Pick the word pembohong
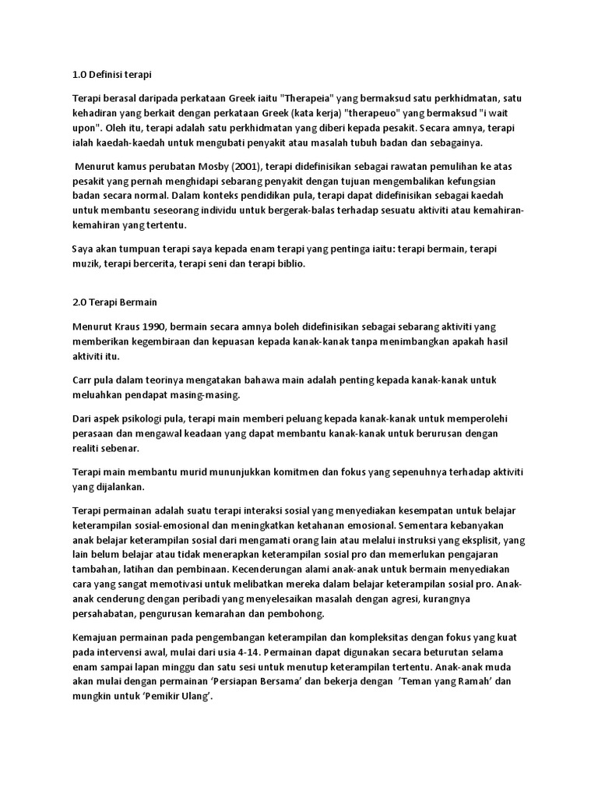click(321, 613)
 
